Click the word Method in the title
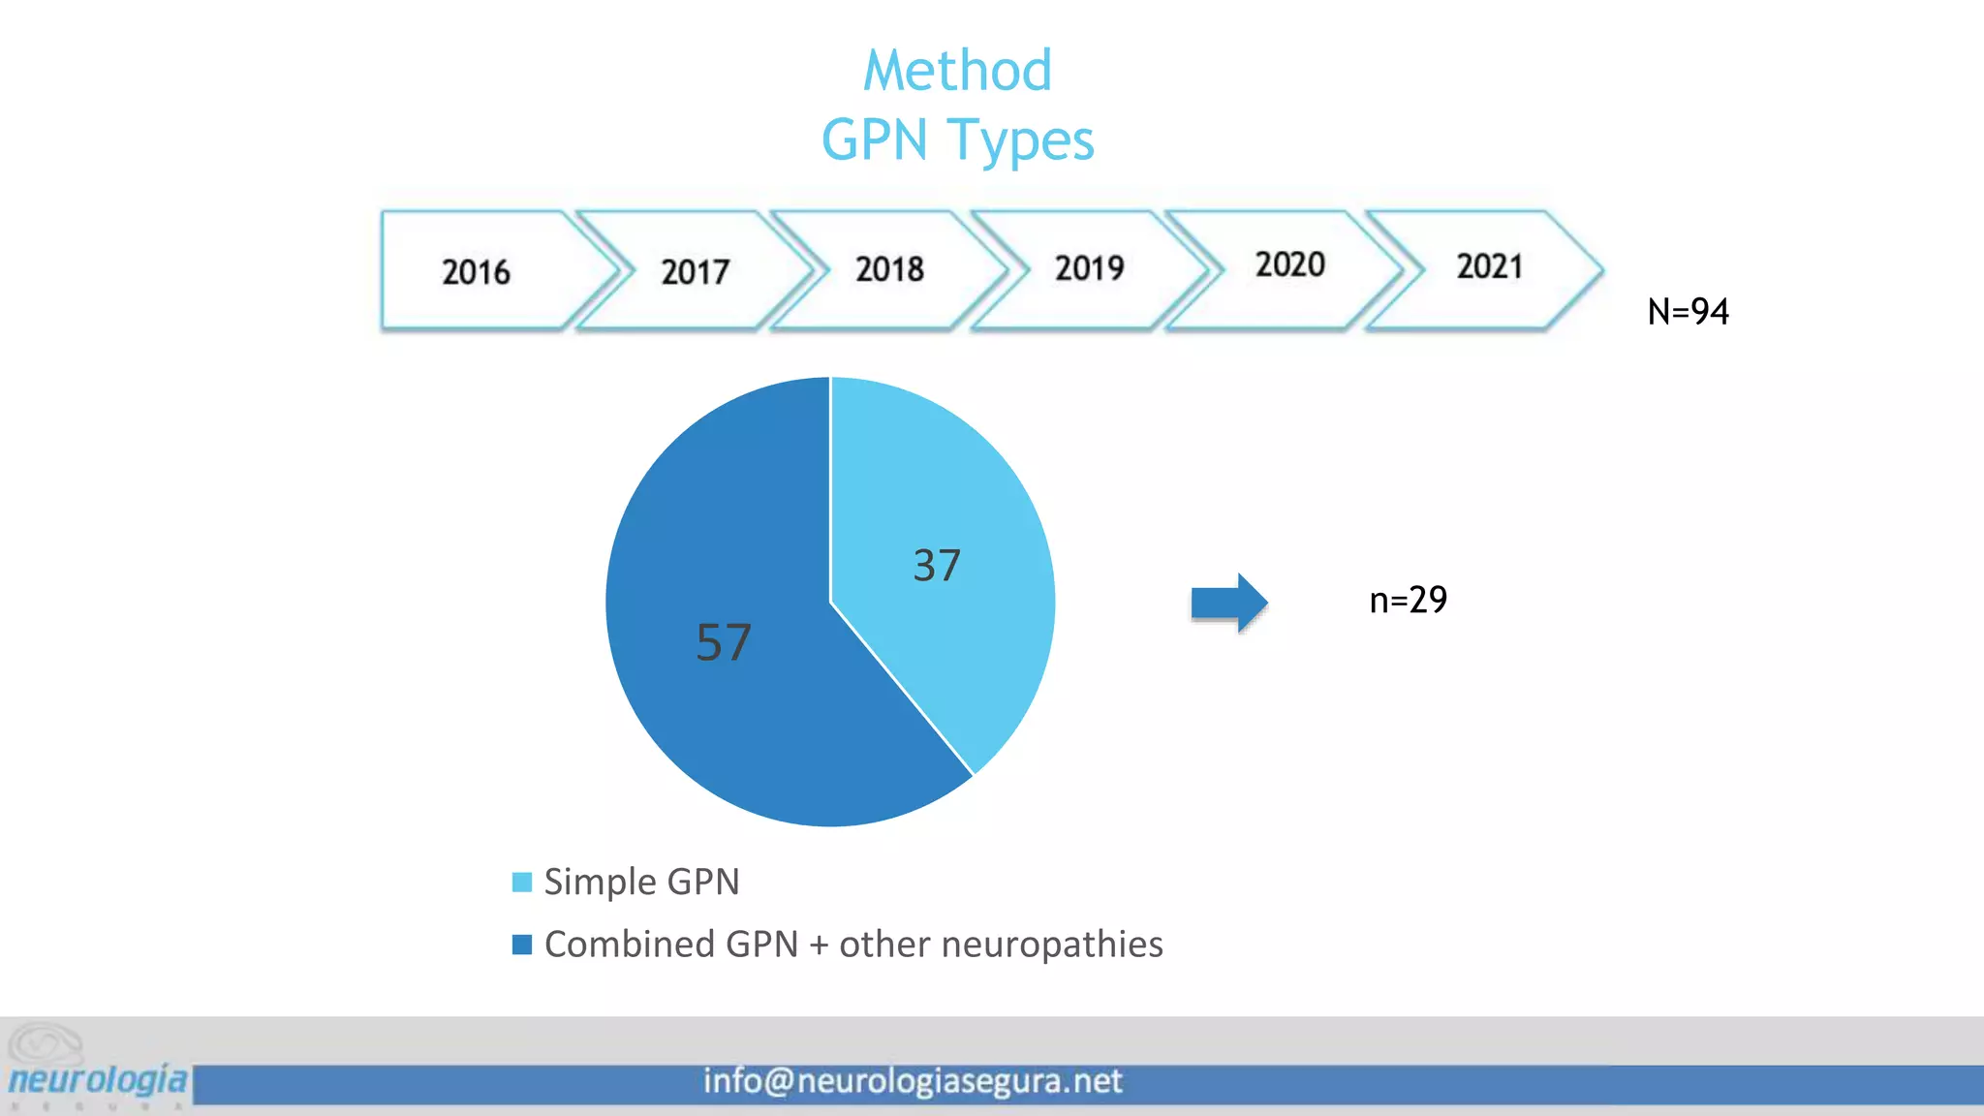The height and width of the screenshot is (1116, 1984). coord(957,71)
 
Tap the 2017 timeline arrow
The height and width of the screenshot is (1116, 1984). coord(696,270)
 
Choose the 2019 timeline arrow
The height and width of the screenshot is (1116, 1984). coord(1090,270)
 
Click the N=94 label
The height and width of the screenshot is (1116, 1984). coord(1688,312)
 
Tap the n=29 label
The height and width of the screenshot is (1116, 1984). coord(1409,601)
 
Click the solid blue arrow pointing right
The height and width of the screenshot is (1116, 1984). coord(1229,603)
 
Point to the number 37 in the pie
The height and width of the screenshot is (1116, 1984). coord(937,566)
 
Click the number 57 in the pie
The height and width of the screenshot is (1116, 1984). coord(724,642)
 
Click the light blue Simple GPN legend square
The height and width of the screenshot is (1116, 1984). coord(522,882)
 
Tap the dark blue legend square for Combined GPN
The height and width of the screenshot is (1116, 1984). coord(522,945)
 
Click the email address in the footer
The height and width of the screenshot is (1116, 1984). coord(913,1081)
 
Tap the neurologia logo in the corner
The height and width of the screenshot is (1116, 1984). coord(97,1067)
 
